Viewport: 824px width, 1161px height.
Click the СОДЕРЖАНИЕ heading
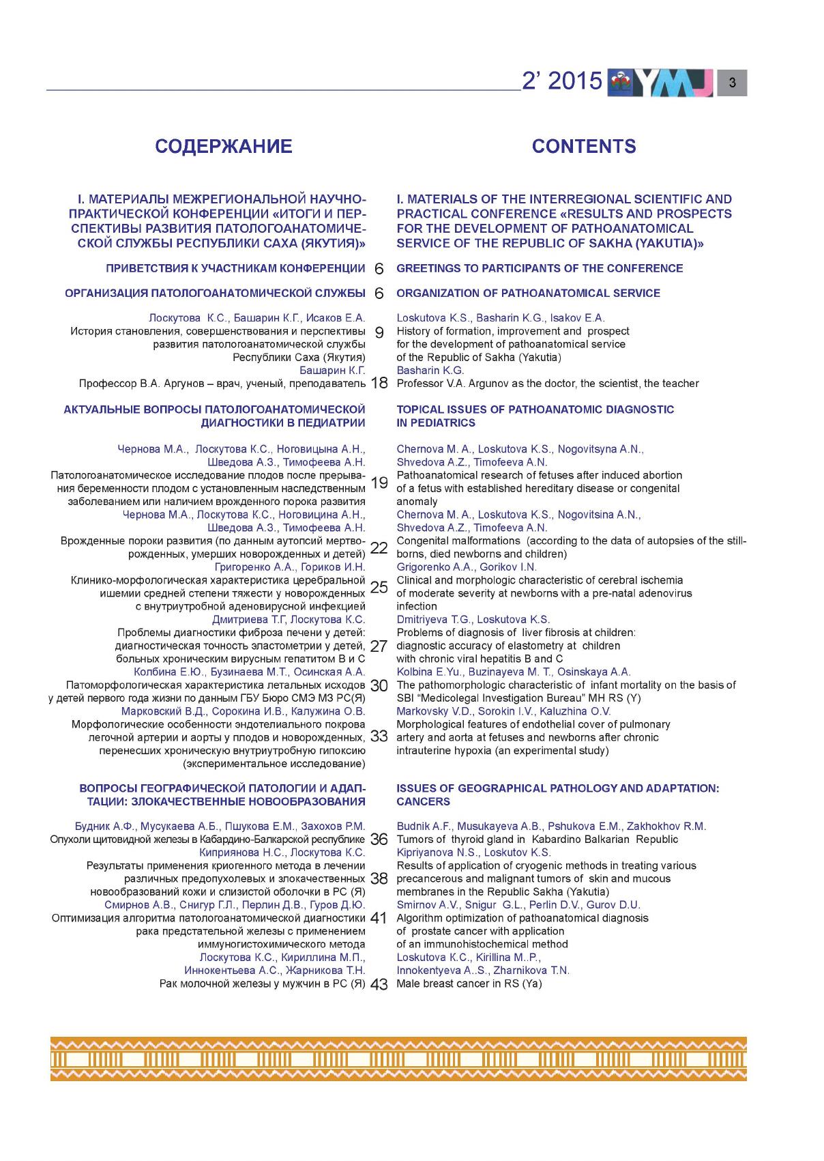[224, 147]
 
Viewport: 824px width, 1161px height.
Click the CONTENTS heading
[584, 147]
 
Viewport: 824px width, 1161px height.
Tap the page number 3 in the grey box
[732, 83]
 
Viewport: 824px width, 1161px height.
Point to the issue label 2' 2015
[562, 82]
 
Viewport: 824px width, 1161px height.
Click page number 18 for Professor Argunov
[379, 384]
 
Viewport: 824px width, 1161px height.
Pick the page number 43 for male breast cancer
[379, 984]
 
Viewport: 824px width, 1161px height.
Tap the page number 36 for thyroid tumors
[379, 840]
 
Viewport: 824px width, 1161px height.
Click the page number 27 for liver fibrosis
[379, 646]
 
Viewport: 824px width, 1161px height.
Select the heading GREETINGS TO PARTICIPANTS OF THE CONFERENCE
[540, 268]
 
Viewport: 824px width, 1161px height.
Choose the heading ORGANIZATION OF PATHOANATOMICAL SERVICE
[528, 293]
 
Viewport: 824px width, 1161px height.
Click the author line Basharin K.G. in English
[430, 371]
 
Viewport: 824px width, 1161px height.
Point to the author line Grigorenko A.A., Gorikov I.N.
[467, 567]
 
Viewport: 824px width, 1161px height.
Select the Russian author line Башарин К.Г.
[332, 371]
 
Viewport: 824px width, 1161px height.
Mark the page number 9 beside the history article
[379, 333]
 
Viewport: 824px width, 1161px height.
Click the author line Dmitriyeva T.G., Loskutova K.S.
[473, 620]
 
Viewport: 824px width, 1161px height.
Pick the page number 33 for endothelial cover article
[379, 737]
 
